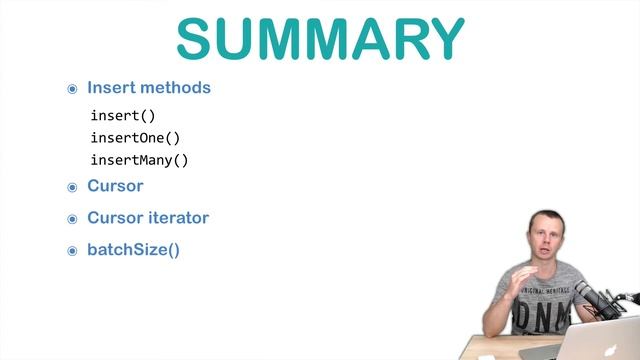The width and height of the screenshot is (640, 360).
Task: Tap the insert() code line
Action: point(123,116)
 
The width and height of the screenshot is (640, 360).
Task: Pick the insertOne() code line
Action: point(135,138)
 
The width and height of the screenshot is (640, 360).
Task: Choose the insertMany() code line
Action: point(139,160)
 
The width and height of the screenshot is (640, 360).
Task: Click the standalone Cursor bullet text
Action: point(115,186)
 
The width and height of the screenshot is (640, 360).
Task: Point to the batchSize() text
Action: point(133,250)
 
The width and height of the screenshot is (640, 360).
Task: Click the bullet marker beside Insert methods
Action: point(72,89)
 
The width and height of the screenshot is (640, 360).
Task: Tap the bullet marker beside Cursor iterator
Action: point(72,219)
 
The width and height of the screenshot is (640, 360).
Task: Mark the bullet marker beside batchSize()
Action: point(72,251)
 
